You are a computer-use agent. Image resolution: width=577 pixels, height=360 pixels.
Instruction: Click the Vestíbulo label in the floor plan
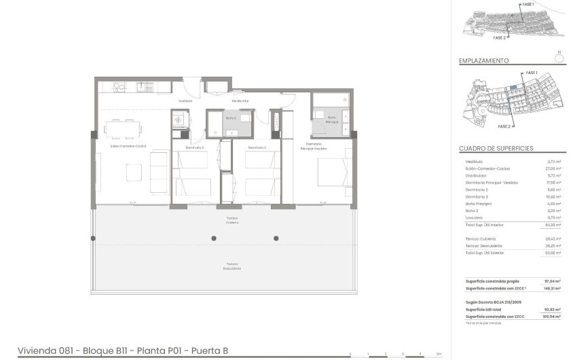click(185, 101)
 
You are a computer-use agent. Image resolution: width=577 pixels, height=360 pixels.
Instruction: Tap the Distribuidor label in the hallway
click(240, 101)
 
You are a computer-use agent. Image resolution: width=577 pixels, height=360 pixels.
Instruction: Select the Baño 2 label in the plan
click(230, 118)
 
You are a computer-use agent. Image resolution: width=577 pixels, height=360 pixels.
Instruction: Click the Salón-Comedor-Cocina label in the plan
click(129, 147)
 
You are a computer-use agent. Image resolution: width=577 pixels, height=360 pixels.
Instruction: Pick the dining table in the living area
click(124, 127)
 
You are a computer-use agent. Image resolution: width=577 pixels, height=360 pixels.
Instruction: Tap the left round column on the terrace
click(215, 238)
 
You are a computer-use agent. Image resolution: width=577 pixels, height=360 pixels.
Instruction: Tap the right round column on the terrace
click(276, 238)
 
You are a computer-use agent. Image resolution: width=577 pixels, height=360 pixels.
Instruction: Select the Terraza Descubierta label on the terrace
click(233, 266)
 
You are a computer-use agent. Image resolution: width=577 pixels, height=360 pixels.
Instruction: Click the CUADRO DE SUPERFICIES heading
click(496, 148)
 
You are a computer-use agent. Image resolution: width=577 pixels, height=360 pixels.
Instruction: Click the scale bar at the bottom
click(394, 354)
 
